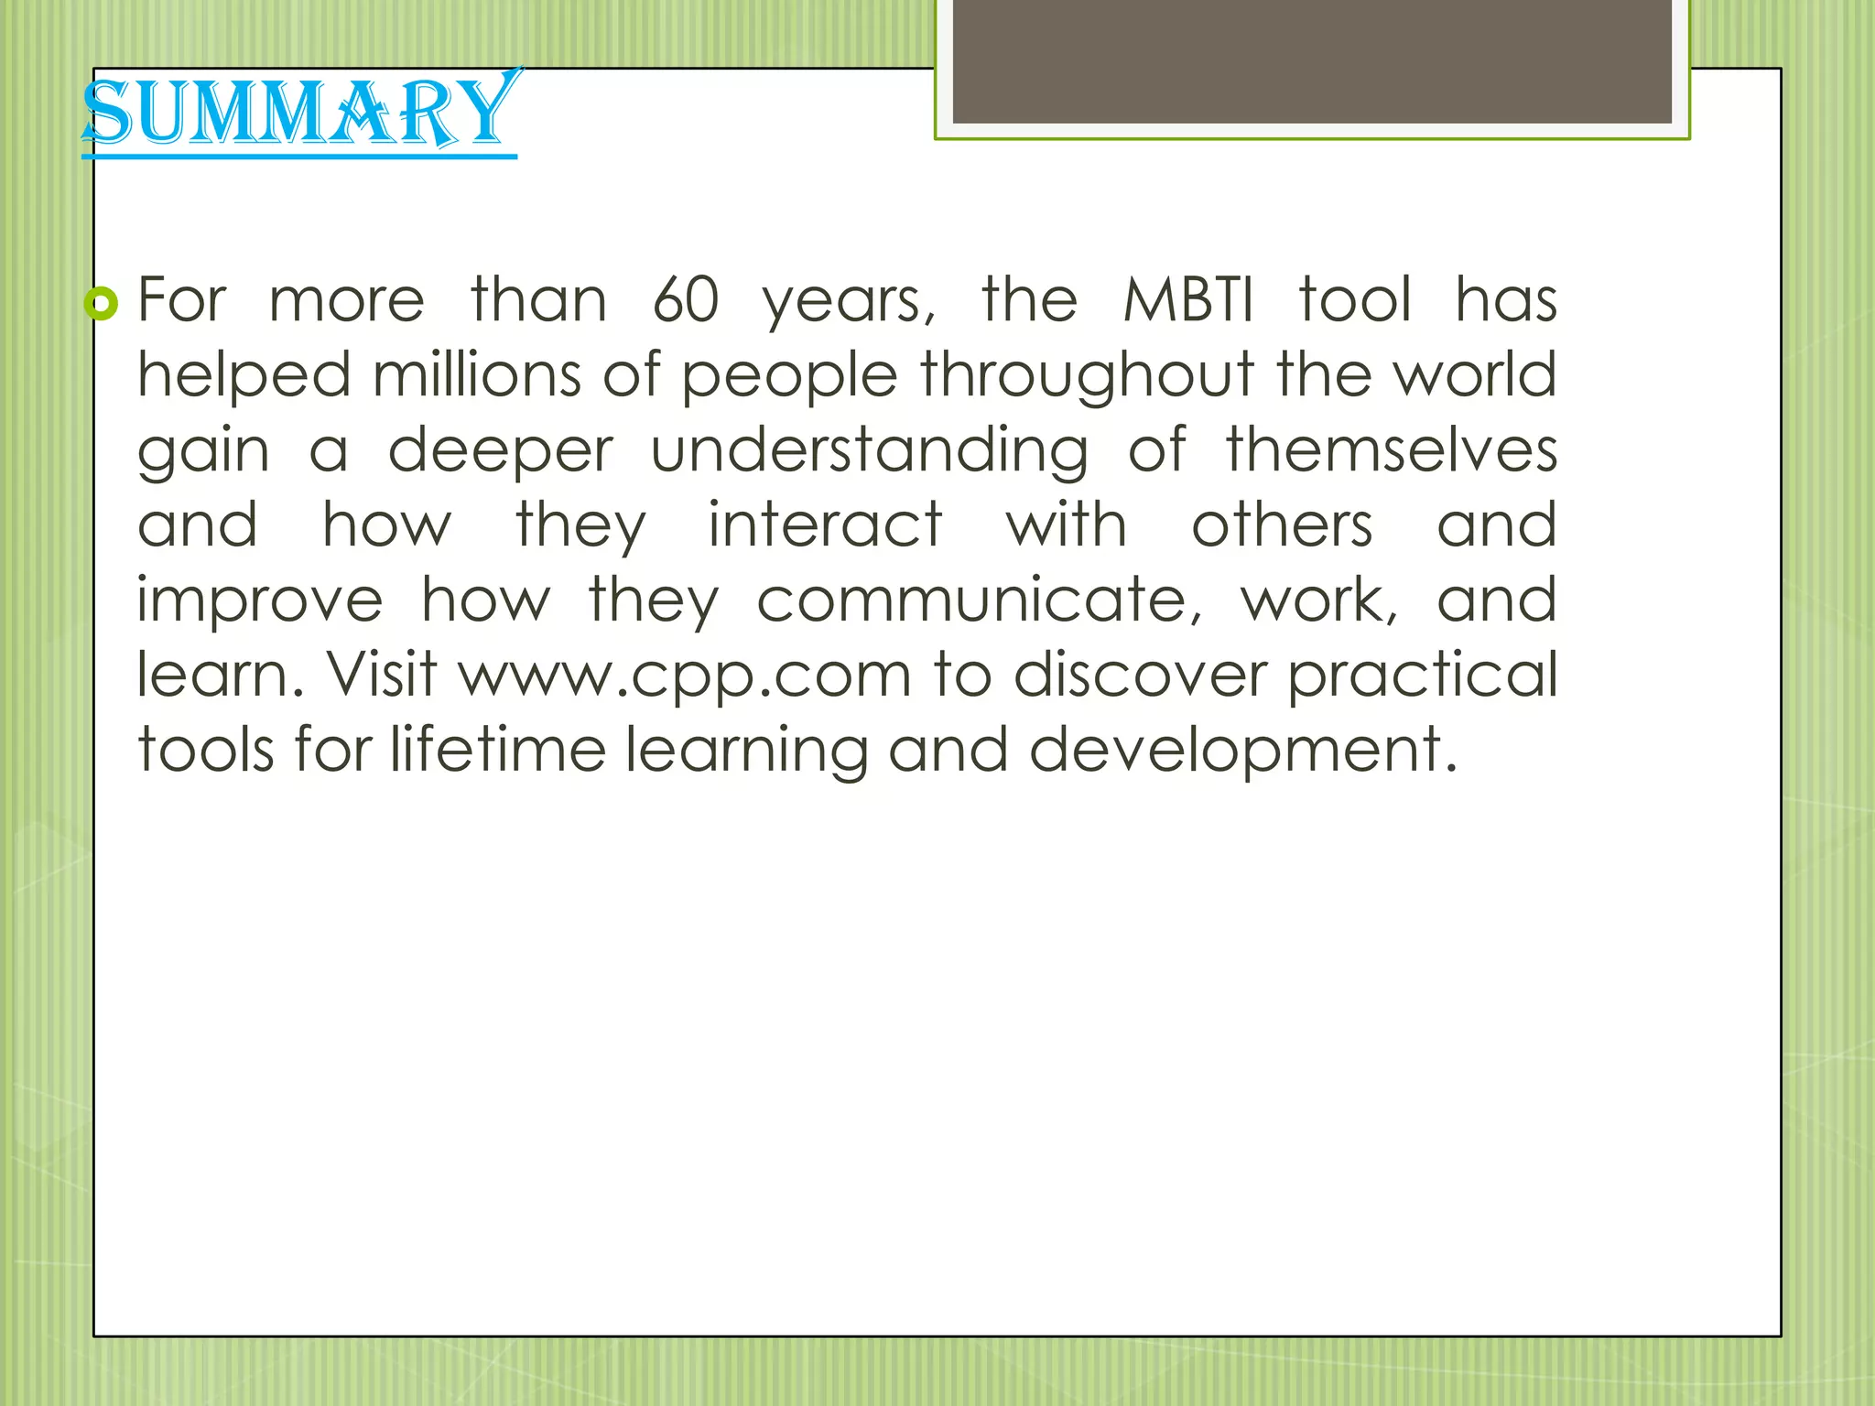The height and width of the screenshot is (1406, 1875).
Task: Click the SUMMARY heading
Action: pos(299,114)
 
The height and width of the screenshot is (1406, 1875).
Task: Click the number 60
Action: pos(686,300)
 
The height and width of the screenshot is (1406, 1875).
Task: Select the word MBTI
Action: pos(1187,300)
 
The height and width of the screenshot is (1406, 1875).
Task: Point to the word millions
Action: pos(477,375)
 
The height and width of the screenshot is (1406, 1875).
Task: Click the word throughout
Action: pos(1087,377)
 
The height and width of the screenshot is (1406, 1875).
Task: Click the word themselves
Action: pos(1391,450)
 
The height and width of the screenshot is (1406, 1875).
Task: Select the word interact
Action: pos(825,525)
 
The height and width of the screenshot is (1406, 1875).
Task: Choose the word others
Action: pos(1282,525)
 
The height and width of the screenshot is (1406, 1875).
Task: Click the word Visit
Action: pos(382,675)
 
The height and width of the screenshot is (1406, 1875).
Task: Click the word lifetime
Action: pos(498,751)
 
